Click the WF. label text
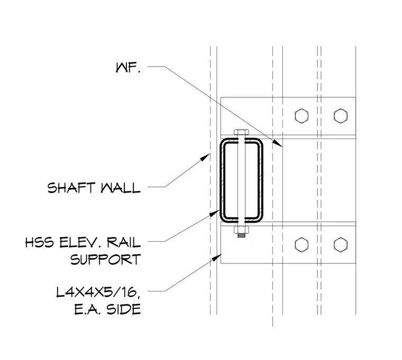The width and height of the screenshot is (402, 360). (x=128, y=68)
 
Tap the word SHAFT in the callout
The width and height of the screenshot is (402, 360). (x=71, y=188)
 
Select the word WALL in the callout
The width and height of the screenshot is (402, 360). (x=121, y=188)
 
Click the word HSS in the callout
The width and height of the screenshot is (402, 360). (x=40, y=242)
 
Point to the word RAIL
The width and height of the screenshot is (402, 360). (x=124, y=242)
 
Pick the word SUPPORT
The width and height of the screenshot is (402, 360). (x=106, y=260)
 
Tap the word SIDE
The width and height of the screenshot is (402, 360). (x=124, y=309)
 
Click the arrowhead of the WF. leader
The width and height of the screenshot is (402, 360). (x=277, y=143)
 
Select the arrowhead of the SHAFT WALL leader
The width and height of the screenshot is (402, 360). (x=205, y=157)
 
